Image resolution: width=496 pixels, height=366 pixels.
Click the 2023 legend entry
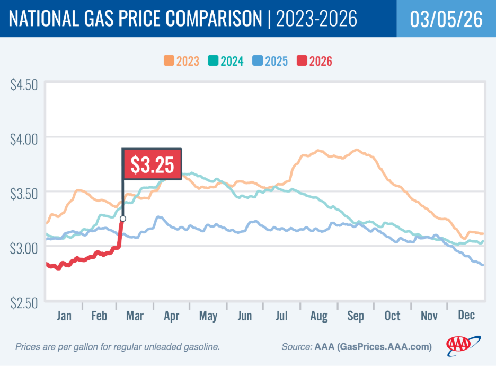pyautogui.click(x=181, y=61)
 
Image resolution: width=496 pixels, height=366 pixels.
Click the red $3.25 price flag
pyautogui.click(x=152, y=164)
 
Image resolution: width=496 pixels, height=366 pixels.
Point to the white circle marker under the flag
pyautogui.click(x=123, y=218)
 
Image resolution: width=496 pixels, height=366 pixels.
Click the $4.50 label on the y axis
pyautogui.click(x=24, y=85)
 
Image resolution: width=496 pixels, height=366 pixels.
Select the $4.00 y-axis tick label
pyautogui.click(x=24, y=140)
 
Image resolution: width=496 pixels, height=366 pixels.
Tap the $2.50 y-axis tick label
pyautogui.click(x=24, y=302)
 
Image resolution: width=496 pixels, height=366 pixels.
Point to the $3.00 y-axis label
pyautogui.click(x=24, y=248)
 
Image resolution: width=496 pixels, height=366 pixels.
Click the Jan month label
pyautogui.click(x=64, y=316)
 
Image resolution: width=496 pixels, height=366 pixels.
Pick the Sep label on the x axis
pyautogui.click(x=355, y=316)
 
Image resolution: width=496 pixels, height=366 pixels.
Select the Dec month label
pyautogui.click(x=465, y=316)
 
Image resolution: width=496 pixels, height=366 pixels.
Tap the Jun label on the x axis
pyautogui.click(x=245, y=316)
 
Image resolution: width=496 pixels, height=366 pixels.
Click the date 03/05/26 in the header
pyautogui.click(x=446, y=19)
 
